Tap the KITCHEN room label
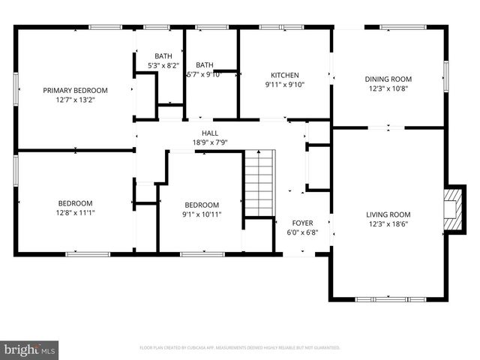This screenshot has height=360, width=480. (285, 75)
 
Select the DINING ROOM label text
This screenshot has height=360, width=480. (388, 79)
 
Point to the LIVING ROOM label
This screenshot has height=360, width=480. (388, 214)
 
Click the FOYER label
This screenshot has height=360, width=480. (302, 223)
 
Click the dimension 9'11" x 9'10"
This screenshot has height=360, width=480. (285, 84)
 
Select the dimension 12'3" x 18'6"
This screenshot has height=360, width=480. (388, 223)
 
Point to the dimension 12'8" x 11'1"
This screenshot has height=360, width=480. (76, 212)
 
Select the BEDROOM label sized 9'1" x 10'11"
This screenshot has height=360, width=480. (202, 205)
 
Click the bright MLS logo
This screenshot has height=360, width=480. (30, 349)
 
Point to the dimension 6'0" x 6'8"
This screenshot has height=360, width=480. (302, 232)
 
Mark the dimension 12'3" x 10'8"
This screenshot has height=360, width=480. (388, 88)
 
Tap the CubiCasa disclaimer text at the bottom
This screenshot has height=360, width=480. (239, 348)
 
